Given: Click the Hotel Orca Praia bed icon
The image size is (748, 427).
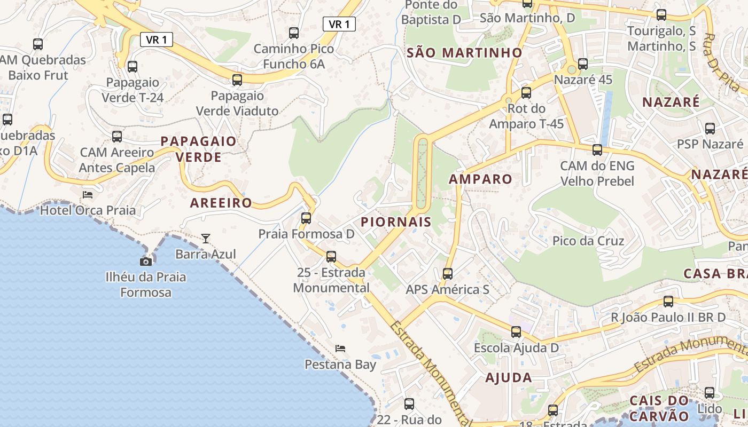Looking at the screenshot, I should (87, 195).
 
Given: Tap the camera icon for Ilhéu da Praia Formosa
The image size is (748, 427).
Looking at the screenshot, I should (145, 262).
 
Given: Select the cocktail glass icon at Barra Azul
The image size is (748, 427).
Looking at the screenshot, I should (206, 238).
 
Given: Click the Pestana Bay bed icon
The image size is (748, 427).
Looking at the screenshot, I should (340, 349).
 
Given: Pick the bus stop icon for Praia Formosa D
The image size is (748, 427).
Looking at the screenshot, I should (306, 218).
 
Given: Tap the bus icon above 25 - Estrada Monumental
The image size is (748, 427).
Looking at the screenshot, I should (331, 257).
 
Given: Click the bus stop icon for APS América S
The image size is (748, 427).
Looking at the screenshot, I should (448, 274).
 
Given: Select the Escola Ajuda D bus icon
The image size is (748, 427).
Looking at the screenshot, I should (516, 332).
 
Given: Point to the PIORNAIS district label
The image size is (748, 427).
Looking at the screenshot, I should (396, 222).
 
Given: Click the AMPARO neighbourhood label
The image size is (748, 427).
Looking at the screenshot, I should (480, 179).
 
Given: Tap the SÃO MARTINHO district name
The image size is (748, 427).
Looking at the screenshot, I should (464, 53).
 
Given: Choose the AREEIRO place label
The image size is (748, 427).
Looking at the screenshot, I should (221, 203).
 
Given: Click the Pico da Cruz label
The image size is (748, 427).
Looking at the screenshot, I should (588, 241).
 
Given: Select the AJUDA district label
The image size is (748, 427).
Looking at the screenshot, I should (508, 378).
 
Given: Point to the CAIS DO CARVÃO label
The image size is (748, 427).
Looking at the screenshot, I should (659, 408).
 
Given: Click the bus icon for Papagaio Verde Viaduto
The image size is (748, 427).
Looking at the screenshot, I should (237, 80).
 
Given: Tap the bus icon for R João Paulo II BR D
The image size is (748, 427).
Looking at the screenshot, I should (668, 302).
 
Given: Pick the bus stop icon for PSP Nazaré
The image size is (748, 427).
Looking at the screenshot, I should (710, 129).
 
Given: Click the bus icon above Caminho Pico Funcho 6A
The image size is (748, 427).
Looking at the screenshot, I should (294, 33).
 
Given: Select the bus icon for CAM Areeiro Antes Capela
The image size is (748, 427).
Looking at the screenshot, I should (117, 137).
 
